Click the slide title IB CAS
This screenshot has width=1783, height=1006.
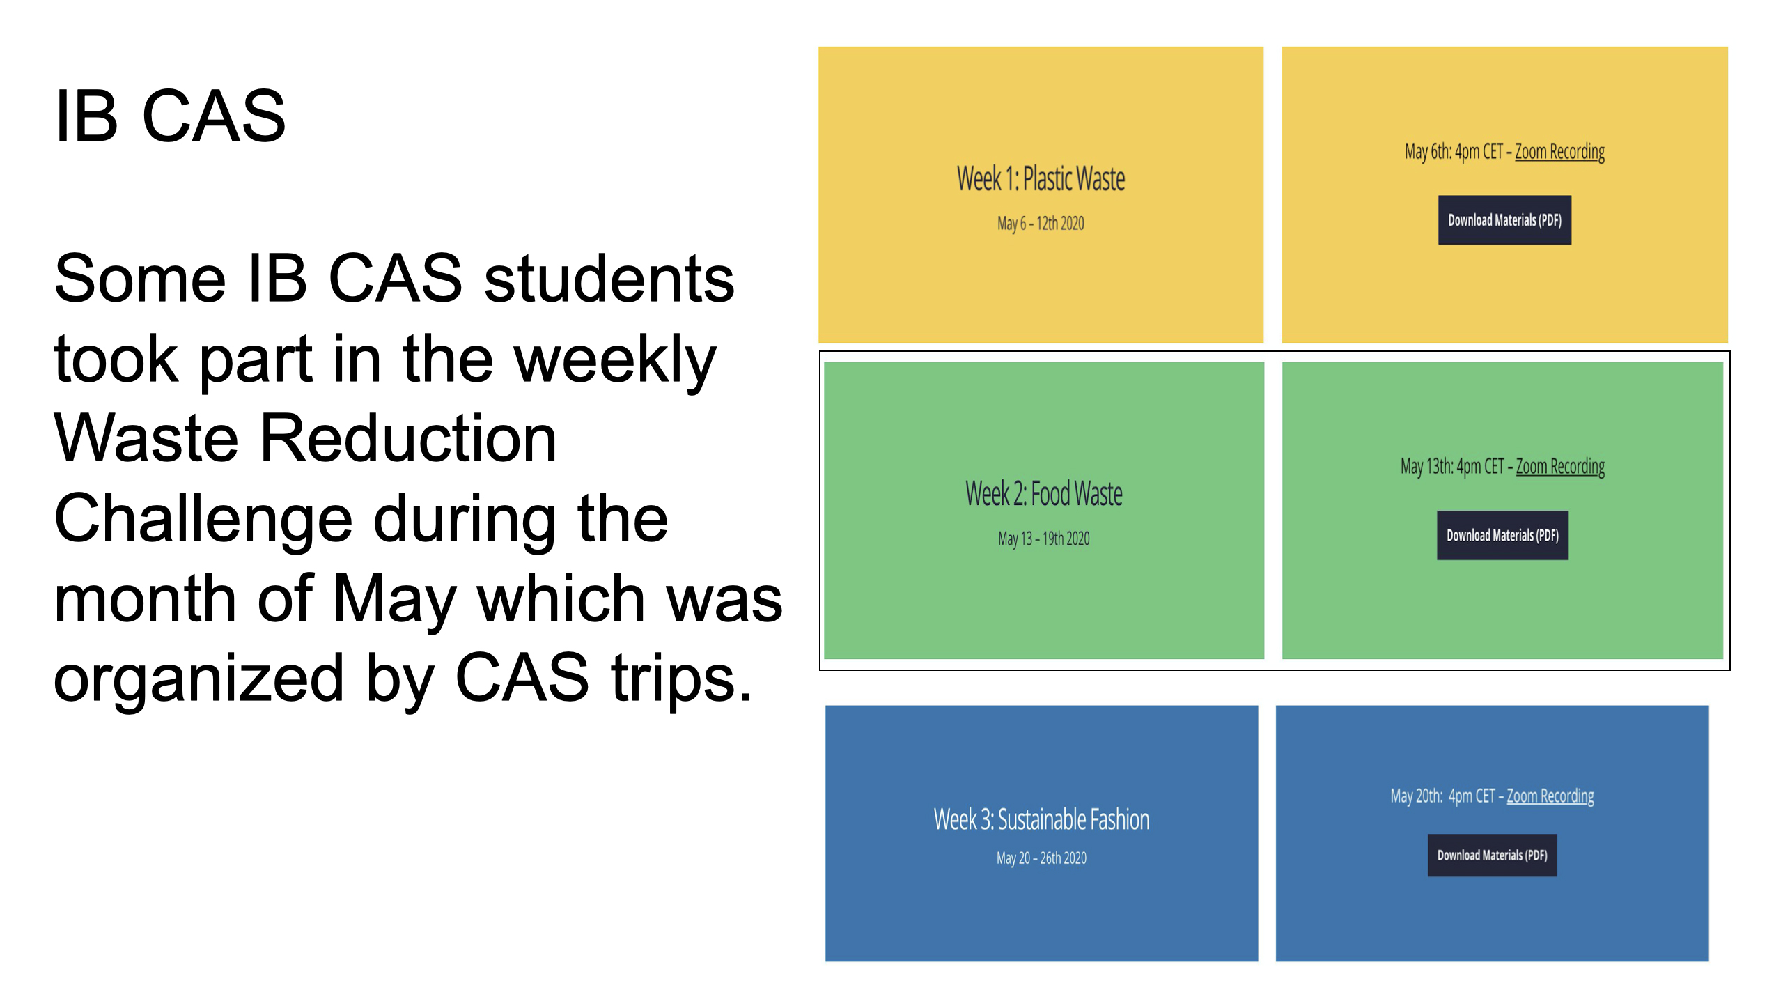coord(170,116)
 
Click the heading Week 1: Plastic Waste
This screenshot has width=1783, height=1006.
coord(1041,179)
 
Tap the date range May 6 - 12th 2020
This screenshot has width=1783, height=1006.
coord(1041,224)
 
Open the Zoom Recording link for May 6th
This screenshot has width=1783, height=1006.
coord(1559,152)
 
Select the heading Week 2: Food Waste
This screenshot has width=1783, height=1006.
coord(1043,494)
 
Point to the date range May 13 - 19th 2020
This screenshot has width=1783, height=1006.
coord(1043,539)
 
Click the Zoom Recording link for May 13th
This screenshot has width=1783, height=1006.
coord(1560,467)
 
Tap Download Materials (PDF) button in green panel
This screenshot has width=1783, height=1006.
coord(1502,535)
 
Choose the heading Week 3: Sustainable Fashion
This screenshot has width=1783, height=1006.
coord(1041,820)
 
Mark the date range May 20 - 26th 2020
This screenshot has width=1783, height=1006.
coord(1041,858)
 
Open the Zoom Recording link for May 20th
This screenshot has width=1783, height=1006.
coord(1550,796)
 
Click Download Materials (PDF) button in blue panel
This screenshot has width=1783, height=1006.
coord(1492,855)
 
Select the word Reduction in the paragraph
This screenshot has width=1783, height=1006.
coord(408,438)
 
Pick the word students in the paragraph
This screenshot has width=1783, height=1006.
coord(609,279)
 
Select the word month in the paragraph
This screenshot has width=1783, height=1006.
coord(146,598)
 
